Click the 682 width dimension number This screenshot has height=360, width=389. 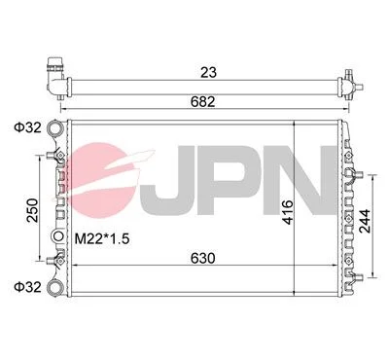[202, 102]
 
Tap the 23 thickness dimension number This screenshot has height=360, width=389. [208, 72]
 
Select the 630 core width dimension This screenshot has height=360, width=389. [202, 259]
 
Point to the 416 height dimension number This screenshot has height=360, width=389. [288, 212]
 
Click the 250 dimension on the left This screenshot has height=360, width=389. [32, 210]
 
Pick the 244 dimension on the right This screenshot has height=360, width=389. [365, 221]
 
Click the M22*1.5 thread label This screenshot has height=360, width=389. [102, 239]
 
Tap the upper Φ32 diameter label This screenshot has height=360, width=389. [27, 127]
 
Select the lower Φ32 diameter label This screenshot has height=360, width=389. [27, 287]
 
